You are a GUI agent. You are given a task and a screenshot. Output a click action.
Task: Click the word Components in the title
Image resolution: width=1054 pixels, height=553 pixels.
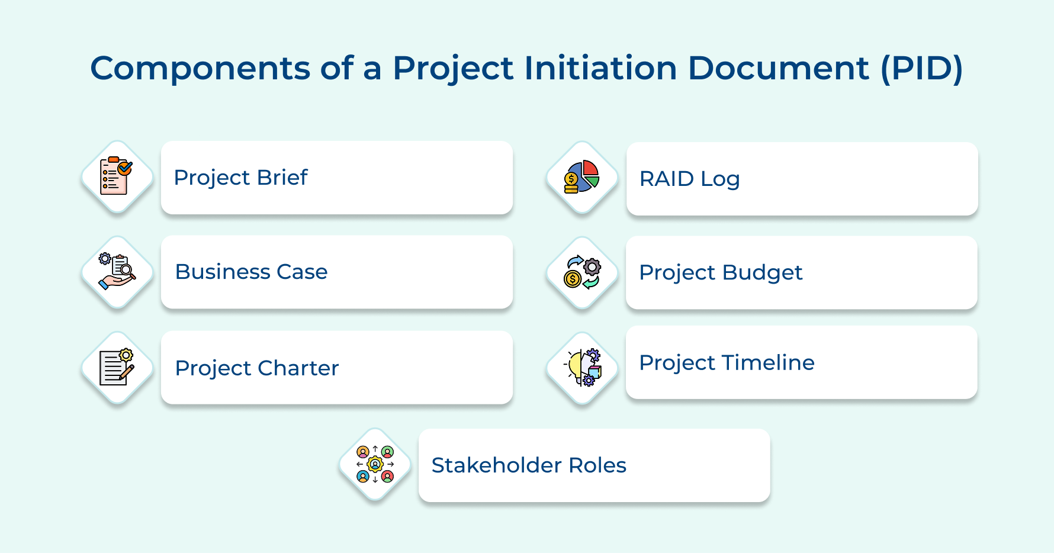tap(200, 69)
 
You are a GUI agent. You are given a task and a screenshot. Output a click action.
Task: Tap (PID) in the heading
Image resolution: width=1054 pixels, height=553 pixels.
tap(921, 69)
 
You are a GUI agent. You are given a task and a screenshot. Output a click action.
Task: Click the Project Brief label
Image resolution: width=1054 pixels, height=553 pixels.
tap(241, 178)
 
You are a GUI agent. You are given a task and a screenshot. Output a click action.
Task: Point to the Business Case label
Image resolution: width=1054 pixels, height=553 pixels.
tap(251, 272)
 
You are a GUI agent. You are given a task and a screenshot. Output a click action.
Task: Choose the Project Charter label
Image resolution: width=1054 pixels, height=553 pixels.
tap(257, 368)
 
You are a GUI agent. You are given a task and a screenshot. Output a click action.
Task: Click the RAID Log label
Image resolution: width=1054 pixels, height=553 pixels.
tap(689, 179)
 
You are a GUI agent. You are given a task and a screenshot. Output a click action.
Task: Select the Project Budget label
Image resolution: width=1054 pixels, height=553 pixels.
tap(721, 273)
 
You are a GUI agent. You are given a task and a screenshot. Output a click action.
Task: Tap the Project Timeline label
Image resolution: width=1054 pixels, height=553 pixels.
tap(727, 363)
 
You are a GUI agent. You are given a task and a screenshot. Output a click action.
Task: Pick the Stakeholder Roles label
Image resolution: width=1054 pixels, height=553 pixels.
tap(529, 465)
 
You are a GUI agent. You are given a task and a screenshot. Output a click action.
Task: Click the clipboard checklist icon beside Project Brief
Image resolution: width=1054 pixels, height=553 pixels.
tap(117, 176)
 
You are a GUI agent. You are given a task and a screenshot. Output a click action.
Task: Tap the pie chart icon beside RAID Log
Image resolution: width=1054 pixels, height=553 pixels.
tap(582, 177)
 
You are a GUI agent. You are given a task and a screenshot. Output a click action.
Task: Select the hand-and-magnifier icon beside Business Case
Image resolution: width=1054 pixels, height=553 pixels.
tap(117, 272)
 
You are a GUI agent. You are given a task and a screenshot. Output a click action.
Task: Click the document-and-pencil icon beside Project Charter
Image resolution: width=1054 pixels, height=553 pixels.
tap(117, 368)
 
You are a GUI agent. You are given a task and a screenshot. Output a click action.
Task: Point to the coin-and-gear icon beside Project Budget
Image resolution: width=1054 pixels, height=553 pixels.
tap(582, 272)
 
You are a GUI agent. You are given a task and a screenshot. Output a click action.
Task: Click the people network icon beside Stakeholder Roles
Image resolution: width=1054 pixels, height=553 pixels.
tap(375, 464)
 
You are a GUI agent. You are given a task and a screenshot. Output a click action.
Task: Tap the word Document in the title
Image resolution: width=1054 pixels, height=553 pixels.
tap(778, 67)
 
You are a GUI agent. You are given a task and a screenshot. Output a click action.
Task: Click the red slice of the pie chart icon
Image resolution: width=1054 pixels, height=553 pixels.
tap(591, 169)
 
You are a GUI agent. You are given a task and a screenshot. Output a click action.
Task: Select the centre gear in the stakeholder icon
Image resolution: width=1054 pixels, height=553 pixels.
tap(375, 464)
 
